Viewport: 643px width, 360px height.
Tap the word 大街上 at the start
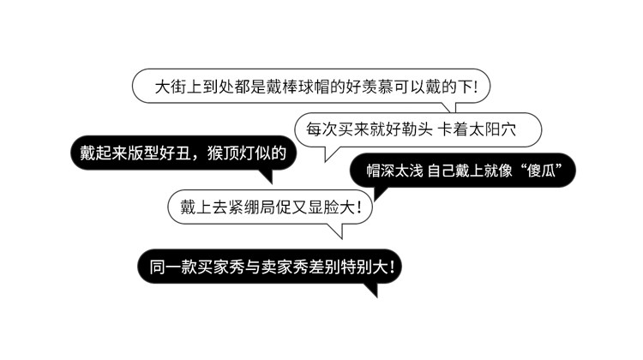coord(177,87)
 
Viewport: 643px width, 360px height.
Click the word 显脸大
coord(334,207)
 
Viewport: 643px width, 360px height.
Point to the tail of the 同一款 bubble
coord(370,291)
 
